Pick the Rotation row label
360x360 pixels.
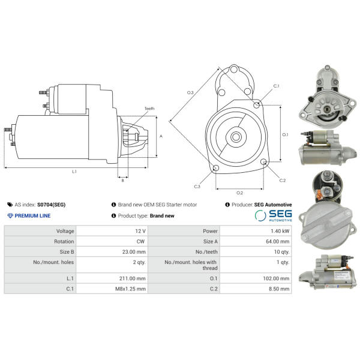coord(64,242)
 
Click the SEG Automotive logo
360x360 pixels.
coord(273,215)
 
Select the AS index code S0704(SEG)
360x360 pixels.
coord(51,205)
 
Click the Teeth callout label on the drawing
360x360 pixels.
coord(149,109)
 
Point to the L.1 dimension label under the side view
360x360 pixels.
coord(74,172)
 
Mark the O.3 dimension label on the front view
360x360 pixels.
coord(190,93)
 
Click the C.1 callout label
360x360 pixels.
coord(276,86)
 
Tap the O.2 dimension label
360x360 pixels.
coord(239,193)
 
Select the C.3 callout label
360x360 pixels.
coord(197,187)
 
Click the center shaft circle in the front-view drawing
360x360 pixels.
coord(236,137)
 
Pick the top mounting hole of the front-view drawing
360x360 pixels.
coord(234,69)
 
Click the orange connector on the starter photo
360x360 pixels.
coord(319,194)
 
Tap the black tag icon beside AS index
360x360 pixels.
coord(10,205)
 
